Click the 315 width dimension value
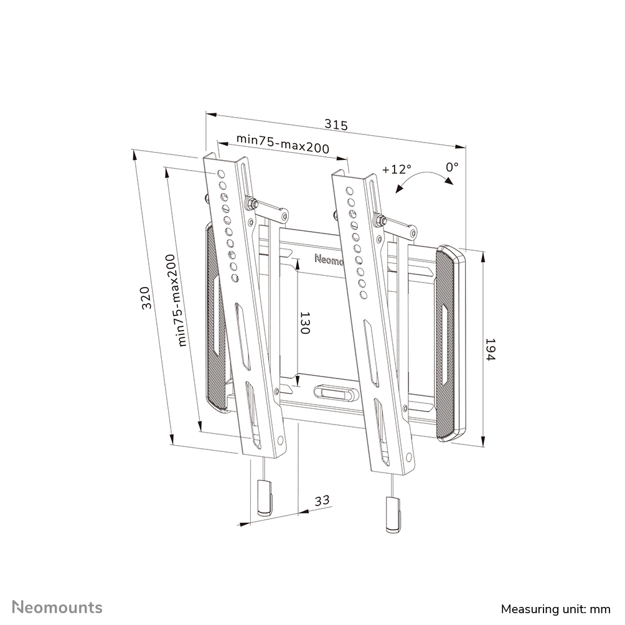[x=336, y=125]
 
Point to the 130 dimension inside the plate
[x=304, y=324]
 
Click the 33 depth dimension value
[x=321, y=500]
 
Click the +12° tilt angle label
[x=397, y=169]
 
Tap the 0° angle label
[x=452, y=167]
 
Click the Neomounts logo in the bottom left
[x=58, y=607]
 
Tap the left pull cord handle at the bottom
[x=264, y=497]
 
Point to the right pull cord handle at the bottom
[x=392, y=514]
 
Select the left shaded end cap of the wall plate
[x=215, y=317]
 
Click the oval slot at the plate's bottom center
[x=334, y=393]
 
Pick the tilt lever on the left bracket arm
[x=269, y=209]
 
